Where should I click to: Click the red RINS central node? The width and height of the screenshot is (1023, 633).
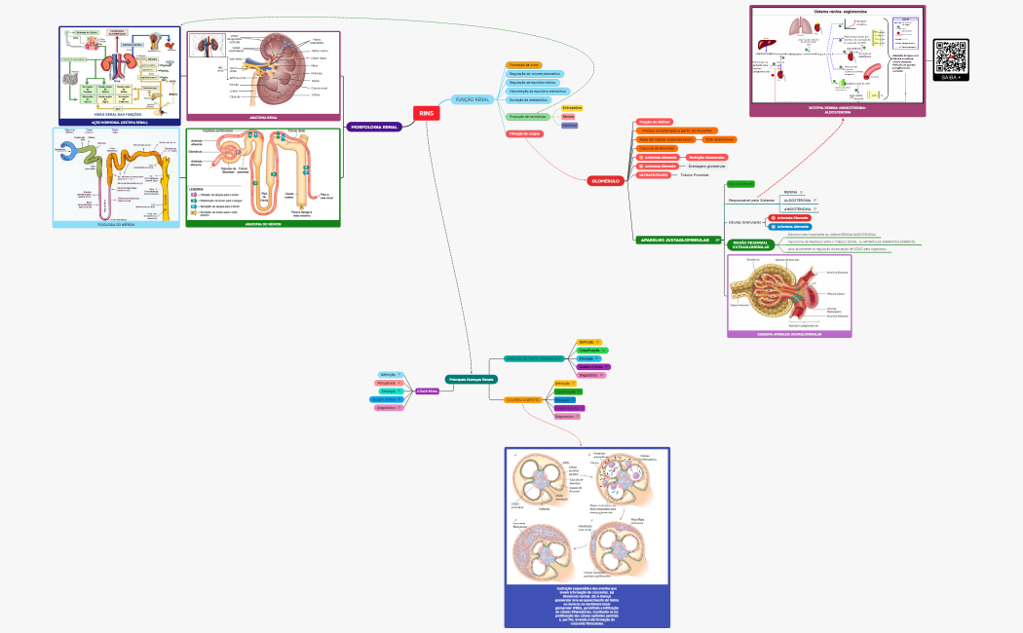427,113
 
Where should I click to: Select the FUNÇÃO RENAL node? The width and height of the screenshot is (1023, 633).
473,99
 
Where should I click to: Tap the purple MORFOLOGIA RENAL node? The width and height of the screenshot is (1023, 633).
374,127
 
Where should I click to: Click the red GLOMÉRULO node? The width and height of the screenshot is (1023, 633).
604,180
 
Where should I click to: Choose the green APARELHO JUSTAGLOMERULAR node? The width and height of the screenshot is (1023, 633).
672,240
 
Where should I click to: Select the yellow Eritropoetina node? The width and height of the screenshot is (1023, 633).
572,108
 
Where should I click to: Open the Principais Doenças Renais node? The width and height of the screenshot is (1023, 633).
472,379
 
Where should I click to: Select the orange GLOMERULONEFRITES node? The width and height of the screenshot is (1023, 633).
523,399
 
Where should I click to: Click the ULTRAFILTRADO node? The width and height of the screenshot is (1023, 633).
655,174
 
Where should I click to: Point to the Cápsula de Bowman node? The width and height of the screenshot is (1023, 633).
657,148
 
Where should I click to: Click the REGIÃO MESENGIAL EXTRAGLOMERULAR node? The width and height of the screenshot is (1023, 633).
751,243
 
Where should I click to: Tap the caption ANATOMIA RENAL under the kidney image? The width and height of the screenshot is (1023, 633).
264,117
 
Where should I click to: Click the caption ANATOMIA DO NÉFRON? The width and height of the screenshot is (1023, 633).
263,223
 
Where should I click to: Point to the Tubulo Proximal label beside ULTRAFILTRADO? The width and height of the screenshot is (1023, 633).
695,174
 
